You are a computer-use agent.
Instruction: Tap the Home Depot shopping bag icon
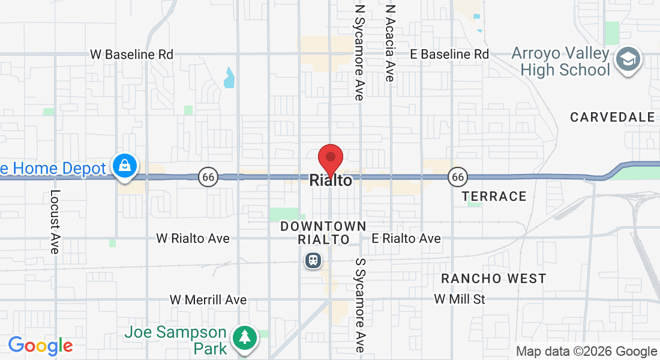(x=125, y=167)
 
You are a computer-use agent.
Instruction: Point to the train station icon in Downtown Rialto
(x=313, y=260)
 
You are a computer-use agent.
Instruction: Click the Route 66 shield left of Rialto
(x=208, y=177)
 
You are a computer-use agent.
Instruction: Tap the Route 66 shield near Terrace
(x=458, y=177)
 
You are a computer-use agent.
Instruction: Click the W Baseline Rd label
(x=131, y=54)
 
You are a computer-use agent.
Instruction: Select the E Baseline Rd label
(x=449, y=54)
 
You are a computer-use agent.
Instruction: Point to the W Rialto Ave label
(x=193, y=238)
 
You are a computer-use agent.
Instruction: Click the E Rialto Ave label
(x=406, y=238)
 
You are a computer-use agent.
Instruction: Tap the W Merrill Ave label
(x=208, y=299)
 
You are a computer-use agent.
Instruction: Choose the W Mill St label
(x=460, y=299)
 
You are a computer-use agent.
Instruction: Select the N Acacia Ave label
(x=391, y=43)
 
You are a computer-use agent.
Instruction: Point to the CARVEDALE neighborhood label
(x=613, y=117)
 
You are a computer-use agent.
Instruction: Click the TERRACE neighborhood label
(x=494, y=196)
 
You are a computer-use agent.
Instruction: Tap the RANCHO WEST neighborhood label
(x=494, y=278)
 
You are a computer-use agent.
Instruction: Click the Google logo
(x=40, y=346)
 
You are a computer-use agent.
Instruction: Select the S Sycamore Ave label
(x=360, y=305)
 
